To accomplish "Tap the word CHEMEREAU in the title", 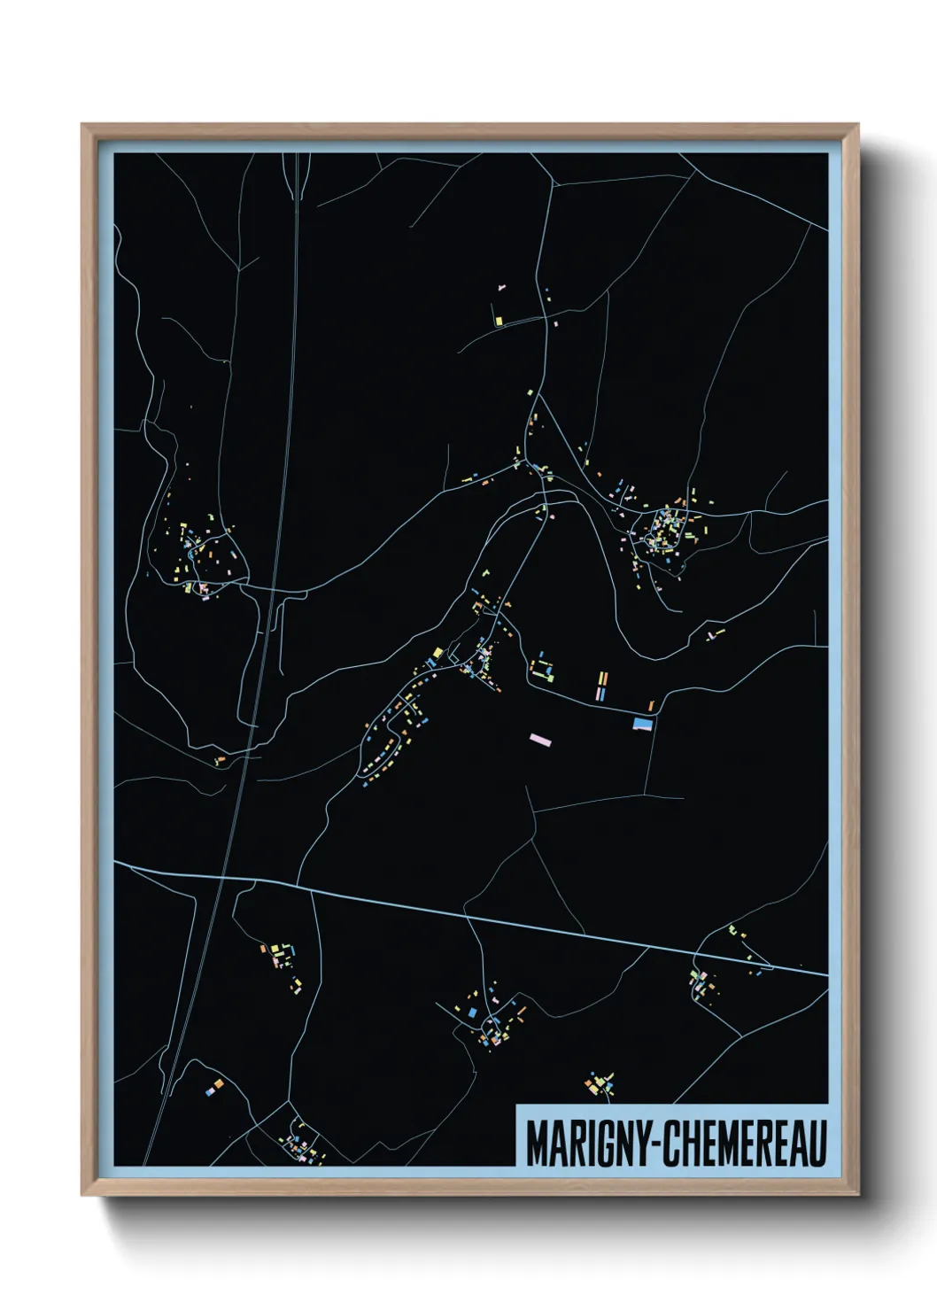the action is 744,1144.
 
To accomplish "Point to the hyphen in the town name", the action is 655,1144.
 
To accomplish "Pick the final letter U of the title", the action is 817,1144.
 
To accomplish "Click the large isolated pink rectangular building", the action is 539,737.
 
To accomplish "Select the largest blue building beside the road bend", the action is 644,724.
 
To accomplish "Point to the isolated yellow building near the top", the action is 499,320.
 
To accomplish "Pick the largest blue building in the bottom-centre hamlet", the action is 472,1011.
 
